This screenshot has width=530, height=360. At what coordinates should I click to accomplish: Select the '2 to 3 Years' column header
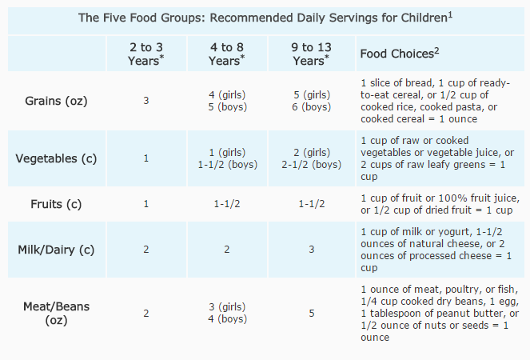click(145, 53)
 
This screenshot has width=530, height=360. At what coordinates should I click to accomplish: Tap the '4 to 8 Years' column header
click(226, 53)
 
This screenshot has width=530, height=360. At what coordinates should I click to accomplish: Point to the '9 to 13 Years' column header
click(311, 53)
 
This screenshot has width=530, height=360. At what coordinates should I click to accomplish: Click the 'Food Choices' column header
click(400, 54)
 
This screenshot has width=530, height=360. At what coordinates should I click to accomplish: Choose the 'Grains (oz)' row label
click(56, 101)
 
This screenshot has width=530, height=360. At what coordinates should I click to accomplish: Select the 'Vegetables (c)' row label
click(56, 158)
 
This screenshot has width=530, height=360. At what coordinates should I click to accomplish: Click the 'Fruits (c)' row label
click(56, 203)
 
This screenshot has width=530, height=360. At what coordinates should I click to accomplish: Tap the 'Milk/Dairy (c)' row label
click(56, 249)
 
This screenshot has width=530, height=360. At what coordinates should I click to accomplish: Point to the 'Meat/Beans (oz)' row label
click(56, 313)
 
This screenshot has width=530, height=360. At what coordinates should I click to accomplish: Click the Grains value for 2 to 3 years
click(145, 101)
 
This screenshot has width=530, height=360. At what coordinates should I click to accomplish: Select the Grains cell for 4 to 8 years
click(226, 101)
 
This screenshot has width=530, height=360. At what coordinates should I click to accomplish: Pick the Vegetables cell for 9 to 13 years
click(311, 158)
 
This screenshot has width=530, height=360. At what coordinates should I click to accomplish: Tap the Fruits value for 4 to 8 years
click(226, 203)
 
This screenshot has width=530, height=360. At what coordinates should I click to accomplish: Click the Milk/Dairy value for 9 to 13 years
click(311, 249)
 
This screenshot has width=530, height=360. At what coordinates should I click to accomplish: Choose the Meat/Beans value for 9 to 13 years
click(311, 313)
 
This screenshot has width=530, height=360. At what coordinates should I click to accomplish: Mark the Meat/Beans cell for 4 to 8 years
click(226, 313)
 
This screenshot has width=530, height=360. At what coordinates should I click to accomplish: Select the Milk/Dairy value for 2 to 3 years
click(145, 249)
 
